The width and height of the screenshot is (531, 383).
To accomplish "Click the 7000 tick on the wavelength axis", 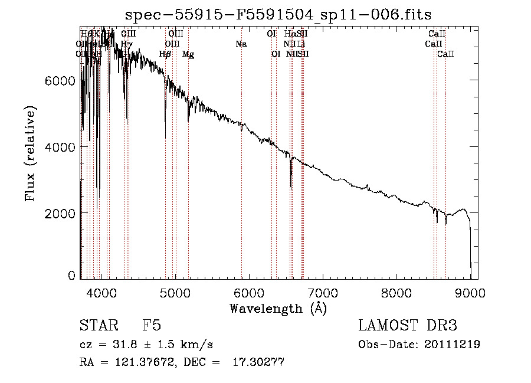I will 323,292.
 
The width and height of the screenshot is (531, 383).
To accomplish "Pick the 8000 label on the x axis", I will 396,292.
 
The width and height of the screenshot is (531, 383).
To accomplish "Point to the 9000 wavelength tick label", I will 470,292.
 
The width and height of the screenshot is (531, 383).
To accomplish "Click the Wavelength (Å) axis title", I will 278,308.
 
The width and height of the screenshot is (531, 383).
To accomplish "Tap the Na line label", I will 241,44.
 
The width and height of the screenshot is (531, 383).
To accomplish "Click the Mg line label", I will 188,54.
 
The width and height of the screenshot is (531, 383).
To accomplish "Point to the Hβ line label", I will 165,54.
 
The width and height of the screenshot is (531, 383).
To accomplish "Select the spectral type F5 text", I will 152,326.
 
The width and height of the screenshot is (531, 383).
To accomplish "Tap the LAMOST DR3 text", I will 408,326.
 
